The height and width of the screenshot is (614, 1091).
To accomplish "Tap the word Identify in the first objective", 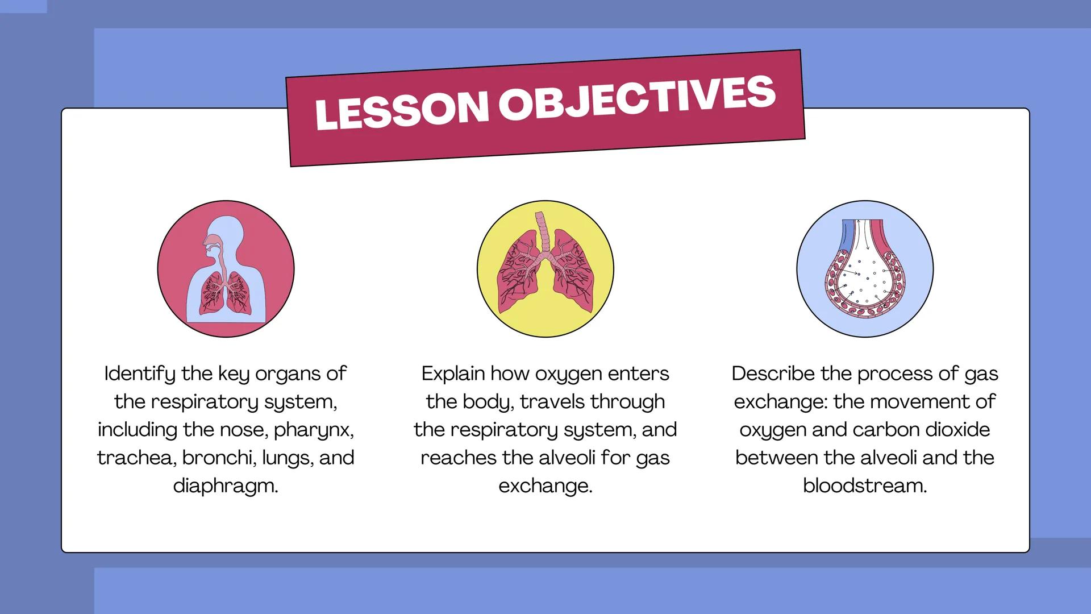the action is pos(140,374).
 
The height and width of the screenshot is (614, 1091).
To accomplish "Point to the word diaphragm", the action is pos(226,487).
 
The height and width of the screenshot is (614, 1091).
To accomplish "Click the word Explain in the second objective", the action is pos(453,374).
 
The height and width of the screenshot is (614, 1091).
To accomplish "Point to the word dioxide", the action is pos(957,429).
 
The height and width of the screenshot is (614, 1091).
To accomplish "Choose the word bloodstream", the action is pos(865,486).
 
